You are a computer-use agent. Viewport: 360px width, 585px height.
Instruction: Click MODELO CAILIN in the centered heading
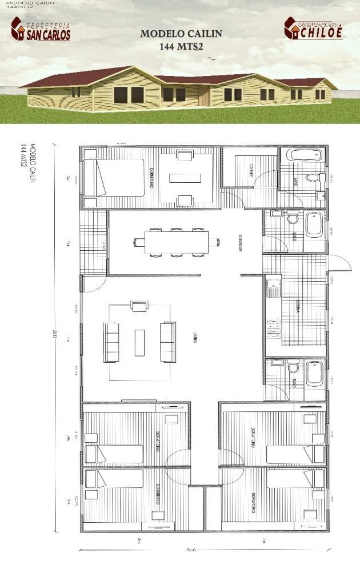181,34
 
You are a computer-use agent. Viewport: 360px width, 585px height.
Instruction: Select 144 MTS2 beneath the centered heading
182,48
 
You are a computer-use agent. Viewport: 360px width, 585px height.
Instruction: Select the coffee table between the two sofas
139,342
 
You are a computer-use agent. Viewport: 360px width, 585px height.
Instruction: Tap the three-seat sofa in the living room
111,342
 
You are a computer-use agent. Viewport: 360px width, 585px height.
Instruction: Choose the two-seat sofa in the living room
167,342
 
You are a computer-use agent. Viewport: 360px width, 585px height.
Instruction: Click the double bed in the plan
114,178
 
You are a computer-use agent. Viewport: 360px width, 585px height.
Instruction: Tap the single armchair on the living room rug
139,306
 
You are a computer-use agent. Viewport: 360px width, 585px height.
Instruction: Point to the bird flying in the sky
214,58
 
